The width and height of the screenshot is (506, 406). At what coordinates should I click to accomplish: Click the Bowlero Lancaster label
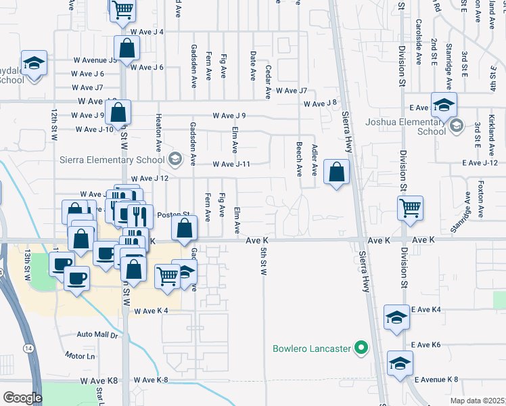pyautogui.click(x=311, y=349)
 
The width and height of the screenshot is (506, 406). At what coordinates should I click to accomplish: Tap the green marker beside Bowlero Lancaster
pyautogui.click(x=361, y=349)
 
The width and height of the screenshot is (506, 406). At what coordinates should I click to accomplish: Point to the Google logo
pyautogui.click(x=22, y=398)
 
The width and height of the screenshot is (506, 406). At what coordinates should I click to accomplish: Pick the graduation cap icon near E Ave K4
pyautogui.click(x=396, y=317)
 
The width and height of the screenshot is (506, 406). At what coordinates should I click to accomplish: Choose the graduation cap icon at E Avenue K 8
pyautogui.click(x=400, y=363)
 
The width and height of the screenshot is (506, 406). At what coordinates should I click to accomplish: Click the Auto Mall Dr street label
pyautogui.click(x=97, y=334)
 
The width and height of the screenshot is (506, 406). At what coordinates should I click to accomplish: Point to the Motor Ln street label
pyautogui.click(x=80, y=355)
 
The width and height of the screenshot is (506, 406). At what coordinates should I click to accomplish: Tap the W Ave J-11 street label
pyautogui.click(x=231, y=164)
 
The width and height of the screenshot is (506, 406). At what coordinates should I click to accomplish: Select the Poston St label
pyautogui.click(x=170, y=215)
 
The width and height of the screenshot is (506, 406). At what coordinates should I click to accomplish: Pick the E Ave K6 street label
pyautogui.click(x=425, y=345)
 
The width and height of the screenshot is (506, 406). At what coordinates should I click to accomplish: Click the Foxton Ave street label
pyautogui.click(x=481, y=203)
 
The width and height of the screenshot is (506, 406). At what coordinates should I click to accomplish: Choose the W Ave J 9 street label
pyautogui.click(x=229, y=116)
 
